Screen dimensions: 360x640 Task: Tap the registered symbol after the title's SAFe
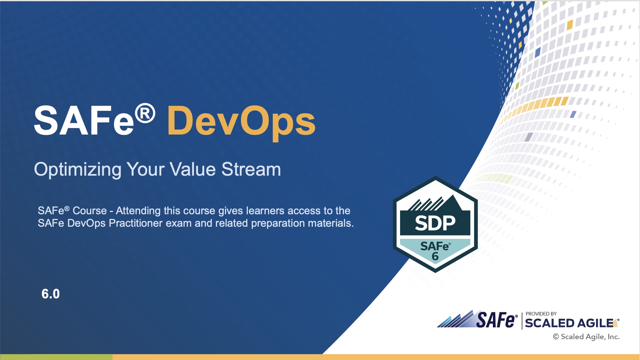tap(145, 113)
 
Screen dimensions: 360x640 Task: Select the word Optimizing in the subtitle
tap(78, 170)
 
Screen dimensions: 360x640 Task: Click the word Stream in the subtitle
tap(251, 170)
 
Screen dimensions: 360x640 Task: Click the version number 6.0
tap(50, 294)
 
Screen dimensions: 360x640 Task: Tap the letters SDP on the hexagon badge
tap(435, 223)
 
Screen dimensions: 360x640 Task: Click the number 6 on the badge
tap(435, 257)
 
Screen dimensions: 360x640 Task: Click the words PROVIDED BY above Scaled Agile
tap(541, 314)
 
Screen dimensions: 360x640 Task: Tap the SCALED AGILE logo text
tap(569, 323)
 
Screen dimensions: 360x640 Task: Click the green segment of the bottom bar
tap(56, 357)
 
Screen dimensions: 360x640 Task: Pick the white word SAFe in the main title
tap(84, 121)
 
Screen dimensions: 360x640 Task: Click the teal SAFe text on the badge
tap(434, 246)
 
